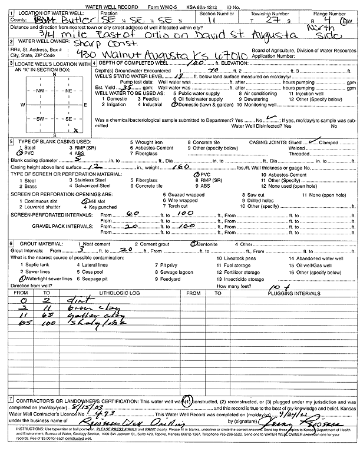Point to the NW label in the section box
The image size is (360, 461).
pos(40,92)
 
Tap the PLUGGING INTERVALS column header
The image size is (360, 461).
pos(280,292)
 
